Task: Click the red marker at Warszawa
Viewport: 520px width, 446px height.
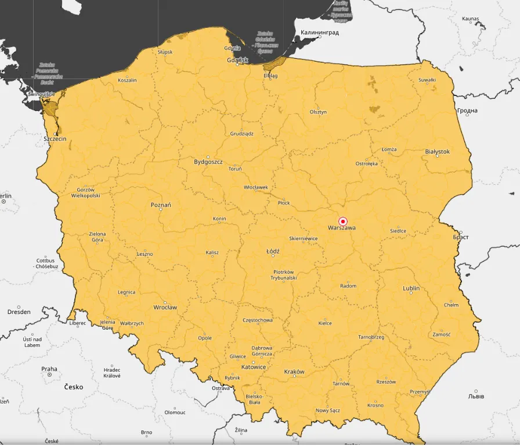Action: [342, 222]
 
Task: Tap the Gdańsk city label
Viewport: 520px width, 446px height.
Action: [238, 60]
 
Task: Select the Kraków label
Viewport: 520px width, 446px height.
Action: [294, 372]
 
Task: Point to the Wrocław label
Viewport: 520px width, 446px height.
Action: [165, 307]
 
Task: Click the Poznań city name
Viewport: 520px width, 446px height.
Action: [161, 205]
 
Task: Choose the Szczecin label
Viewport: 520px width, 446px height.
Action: [55, 139]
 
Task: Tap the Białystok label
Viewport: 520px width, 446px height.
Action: [438, 152]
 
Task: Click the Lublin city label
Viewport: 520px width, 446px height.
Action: [411, 288]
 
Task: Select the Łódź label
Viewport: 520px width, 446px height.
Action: [273, 252]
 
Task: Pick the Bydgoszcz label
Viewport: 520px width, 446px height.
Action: [208, 162]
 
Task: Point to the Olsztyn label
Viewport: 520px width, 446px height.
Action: [318, 112]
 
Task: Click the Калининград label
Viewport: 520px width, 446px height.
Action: [320, 33]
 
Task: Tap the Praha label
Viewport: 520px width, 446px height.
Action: [49, 369]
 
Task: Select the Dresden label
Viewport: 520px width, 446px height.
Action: [19, 312]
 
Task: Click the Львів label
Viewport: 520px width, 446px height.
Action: [476, 397]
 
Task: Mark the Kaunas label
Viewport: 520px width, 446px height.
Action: [470, 19]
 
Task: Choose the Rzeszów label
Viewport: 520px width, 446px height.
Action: [386, 382]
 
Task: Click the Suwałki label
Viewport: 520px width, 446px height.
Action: [427, 80]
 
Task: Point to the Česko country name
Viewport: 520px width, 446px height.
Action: [74, 387]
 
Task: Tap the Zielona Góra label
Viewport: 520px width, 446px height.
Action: [97, 237]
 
